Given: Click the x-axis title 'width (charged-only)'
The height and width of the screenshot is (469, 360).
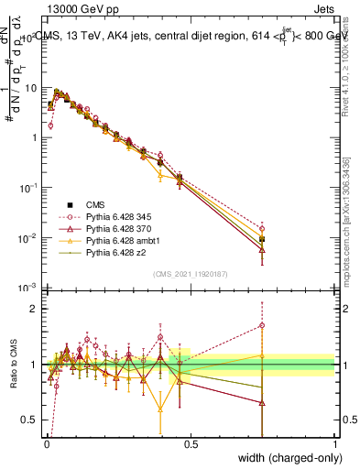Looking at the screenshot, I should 278,457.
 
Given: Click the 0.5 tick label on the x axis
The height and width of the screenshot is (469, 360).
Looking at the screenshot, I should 191,443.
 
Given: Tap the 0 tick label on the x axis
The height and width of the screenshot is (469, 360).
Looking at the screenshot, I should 46,443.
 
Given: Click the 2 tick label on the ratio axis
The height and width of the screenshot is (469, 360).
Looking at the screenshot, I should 35,309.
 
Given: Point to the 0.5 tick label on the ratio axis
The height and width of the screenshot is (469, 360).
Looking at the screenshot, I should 31,420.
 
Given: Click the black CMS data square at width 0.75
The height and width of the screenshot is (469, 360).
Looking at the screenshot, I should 263,239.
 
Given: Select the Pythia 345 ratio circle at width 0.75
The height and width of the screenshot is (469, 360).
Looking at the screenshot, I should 263,325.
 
